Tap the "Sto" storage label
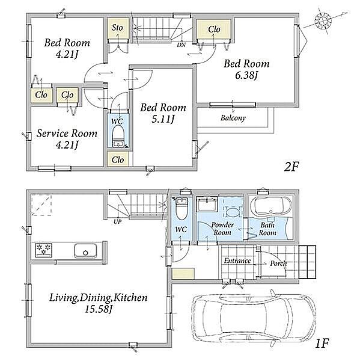[117, 28]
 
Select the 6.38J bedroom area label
[246, 75]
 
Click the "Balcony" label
[233, 118]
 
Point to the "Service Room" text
[67, 134]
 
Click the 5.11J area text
[163, 119]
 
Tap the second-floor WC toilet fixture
[118, 136]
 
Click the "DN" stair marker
[182, 45]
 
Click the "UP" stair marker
[118, 222]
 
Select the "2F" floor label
[291, 167]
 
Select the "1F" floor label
[322, 344]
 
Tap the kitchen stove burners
[43, 250]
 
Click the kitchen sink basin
[85, 251]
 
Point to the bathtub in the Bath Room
[270, 206]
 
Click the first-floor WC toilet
[182, 208]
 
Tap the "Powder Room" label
[222, 229]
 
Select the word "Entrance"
[237, 261]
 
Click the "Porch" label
[278, 264]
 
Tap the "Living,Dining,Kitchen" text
[99, 298]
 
